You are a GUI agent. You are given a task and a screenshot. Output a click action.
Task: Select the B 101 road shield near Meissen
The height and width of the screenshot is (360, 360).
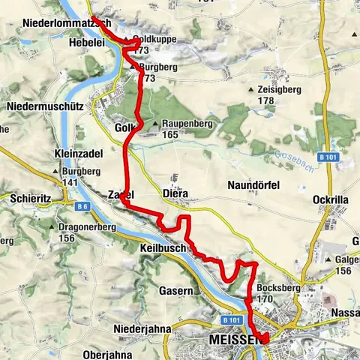[x=232, y=319]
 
